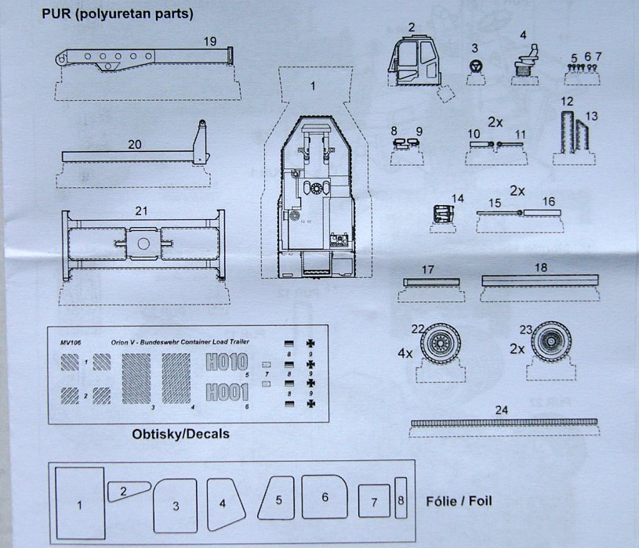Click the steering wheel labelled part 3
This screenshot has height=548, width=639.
[x=474, y=67]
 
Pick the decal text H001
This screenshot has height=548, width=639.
[x=226, y=391]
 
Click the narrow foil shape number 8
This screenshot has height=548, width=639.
[x=401, y=498]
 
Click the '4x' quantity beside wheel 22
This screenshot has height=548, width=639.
[x=405, y=352]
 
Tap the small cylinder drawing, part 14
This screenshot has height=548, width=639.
[x=443, y=213]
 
